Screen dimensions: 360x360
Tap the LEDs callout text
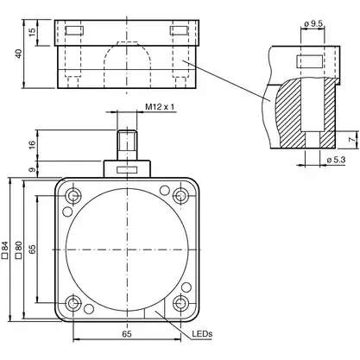tap(202, 332)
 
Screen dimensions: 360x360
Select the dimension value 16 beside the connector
tap(32, 142)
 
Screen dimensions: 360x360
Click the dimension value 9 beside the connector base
tap(32, 169)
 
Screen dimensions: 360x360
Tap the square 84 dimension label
tap(7, 250)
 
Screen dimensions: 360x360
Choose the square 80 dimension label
tap(18, 250)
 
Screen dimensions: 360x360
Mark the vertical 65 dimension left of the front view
tap(33, 249)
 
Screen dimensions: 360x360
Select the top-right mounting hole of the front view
tap(180, 194)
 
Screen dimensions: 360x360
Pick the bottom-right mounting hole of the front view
tap(180, 302)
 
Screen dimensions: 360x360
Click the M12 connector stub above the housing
tap(126, 142)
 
